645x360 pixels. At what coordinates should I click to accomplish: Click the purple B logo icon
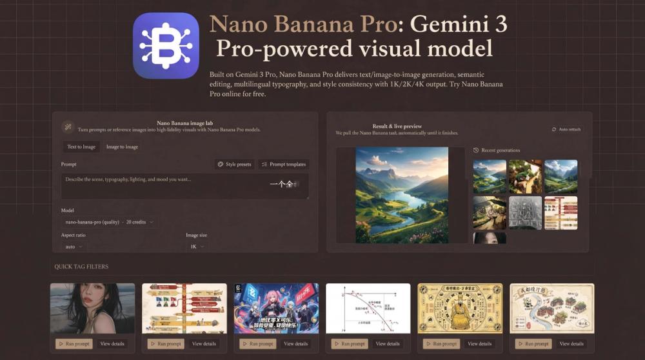166,46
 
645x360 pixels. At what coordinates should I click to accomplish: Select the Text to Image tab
81,147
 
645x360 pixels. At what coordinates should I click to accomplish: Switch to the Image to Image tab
122,147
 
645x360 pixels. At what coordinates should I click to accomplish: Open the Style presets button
234,165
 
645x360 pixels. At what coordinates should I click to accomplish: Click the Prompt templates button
283,165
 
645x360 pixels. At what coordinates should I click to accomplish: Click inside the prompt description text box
161,186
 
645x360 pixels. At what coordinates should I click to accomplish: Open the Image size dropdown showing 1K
197,246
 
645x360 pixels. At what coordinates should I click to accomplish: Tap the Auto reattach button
566,130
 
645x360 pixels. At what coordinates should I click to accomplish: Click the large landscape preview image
402,195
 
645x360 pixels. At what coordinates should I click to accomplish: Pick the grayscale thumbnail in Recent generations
525,213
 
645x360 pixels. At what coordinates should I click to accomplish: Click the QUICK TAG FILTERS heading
81,266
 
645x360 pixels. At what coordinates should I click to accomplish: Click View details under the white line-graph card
388,344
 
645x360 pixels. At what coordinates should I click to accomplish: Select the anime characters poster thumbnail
276,308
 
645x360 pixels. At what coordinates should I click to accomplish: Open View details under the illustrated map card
571,344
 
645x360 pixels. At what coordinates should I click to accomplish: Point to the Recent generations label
500,150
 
